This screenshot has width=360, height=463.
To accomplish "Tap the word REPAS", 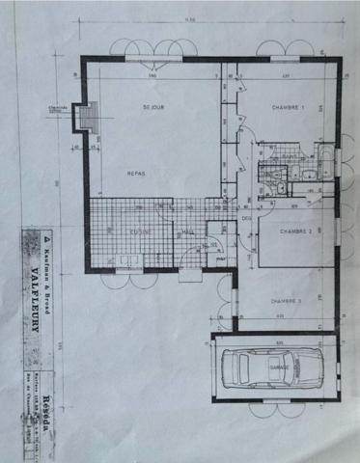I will click(136, 173).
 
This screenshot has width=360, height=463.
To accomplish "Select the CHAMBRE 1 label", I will click(289, 108).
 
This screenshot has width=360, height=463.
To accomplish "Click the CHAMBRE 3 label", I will click(287, 301).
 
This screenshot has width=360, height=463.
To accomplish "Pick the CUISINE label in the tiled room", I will click(144, 232).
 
